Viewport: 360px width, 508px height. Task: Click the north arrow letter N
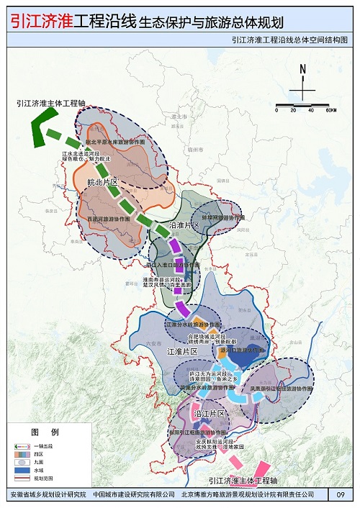(303, 69)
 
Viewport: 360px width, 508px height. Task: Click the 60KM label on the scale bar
(330, 110)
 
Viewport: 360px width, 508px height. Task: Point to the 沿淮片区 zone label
(184, 225)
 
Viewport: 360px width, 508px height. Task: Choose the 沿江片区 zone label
(210, 414)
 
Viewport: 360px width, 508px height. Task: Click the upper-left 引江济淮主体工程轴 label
(51, 104)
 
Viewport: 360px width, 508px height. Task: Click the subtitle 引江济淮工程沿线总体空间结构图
(289, 42)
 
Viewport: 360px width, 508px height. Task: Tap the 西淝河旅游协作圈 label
(108, 218)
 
